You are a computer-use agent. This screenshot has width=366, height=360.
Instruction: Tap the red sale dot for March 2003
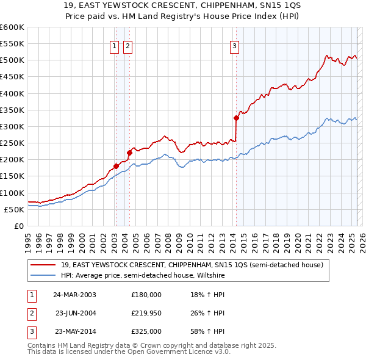click(116, 166)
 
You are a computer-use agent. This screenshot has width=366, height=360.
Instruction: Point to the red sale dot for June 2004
click(129, 153)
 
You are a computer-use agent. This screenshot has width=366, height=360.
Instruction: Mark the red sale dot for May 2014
click(236, 118)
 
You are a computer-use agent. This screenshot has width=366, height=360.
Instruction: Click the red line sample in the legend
click(43, 265)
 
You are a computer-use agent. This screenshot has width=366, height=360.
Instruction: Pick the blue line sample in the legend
click(43, 275)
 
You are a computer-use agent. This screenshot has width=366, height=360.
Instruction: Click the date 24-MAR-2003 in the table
click(74, 294)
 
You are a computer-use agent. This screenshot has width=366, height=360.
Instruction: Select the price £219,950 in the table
click(146, 313)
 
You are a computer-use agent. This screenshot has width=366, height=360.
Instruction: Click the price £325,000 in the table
click(146, 332)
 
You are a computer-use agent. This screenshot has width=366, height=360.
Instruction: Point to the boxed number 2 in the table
click(30, 313)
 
